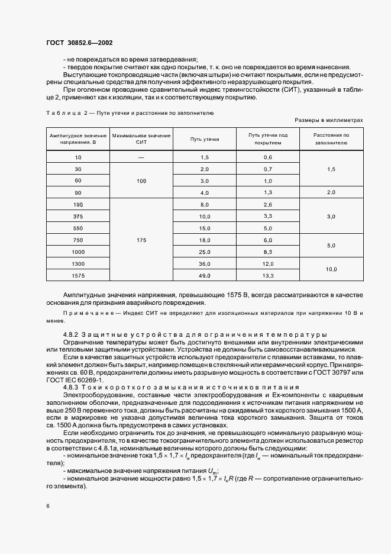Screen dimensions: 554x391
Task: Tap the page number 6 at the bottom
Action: (x=48, y=506)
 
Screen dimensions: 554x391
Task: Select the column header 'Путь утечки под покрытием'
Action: (x=267, y=138)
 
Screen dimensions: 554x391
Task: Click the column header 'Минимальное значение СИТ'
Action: (x=141, y=138)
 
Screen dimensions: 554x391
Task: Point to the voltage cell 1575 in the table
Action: (x=78, y=275)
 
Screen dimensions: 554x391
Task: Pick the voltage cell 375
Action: (x=78, y=217)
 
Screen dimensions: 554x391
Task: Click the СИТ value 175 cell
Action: (x=141, y=240)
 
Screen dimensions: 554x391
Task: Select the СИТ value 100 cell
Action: (x=141, y=181)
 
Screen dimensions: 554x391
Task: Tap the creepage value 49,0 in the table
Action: (x=205, y=275)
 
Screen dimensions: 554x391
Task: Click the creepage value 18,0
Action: (x=205, y=240)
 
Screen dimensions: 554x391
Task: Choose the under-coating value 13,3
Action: (x=267, y=275)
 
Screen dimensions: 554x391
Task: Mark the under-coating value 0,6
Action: (x=267, y=157)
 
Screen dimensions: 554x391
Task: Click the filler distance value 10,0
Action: (x=331, y=269)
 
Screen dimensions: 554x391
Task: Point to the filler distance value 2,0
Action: (x=331, y=192)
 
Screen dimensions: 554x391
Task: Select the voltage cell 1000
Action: (x=78, y=252)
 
